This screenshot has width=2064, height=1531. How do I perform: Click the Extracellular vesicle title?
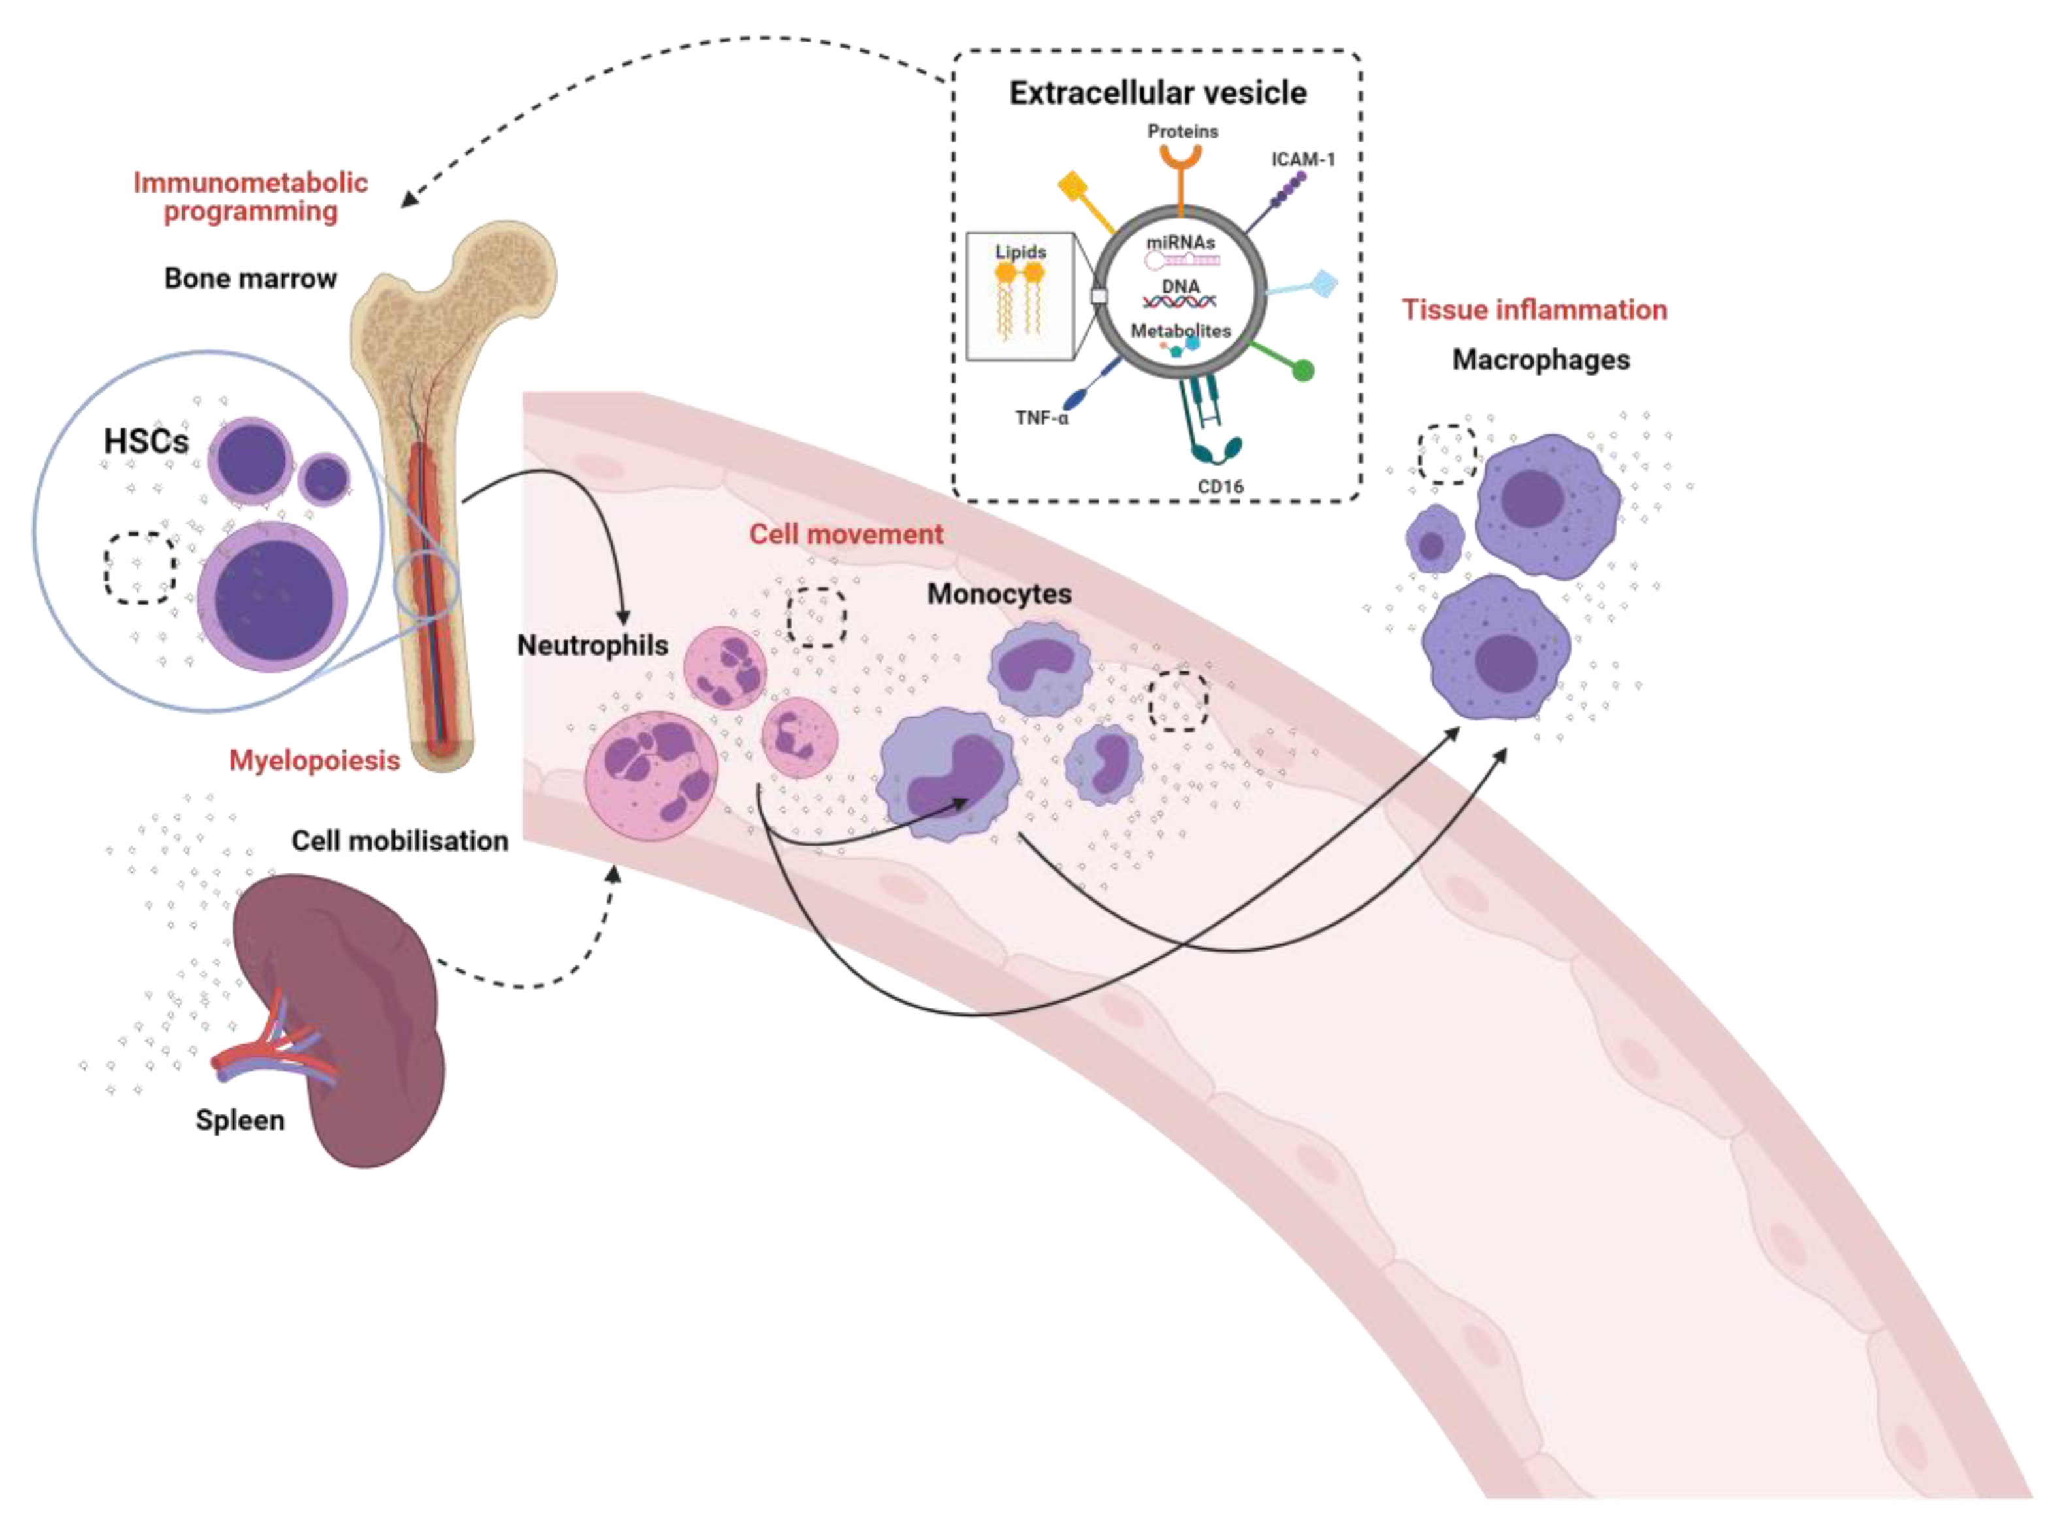point(1157,93)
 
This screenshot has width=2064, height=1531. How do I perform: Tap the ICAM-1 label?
point(1302,159)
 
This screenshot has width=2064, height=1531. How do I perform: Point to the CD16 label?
point(1219,487)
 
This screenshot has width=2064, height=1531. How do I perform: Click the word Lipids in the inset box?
point(1020,252)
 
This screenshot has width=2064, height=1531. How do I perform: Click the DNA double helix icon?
point(1179,301)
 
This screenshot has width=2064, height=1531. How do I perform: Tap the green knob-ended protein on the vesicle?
point(1302,371)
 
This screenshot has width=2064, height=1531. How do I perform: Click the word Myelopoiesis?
point(314,761)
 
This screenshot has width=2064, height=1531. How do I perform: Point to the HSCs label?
point(146,441)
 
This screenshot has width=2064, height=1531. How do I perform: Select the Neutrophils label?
point(592,645)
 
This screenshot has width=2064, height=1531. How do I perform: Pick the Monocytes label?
point(999,594)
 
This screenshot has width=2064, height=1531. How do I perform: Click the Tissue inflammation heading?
point(1534,310)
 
